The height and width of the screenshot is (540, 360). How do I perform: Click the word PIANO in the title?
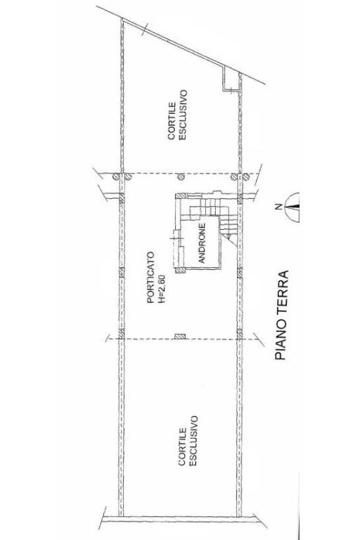(281, 341)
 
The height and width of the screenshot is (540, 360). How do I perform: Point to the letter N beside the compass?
(279, 207)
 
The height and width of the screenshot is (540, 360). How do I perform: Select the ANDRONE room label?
(202, 243)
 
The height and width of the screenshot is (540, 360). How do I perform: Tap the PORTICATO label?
(150, 277)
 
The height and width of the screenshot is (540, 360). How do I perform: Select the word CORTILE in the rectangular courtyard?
(182, 446)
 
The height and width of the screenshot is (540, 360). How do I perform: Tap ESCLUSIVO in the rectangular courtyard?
(193, 441)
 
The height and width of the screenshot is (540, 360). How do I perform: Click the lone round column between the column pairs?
(181, 177)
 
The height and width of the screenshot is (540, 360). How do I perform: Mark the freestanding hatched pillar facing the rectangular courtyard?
(180, 337)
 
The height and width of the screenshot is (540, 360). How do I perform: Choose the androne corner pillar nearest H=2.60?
(180, 270)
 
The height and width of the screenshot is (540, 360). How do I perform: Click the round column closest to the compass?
(245, 177)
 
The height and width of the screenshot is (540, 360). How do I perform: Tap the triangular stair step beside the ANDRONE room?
(230, 238)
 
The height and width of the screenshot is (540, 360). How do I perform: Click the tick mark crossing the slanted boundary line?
(145, 30)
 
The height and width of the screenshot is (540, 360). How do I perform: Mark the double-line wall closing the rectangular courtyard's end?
(179, 518)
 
